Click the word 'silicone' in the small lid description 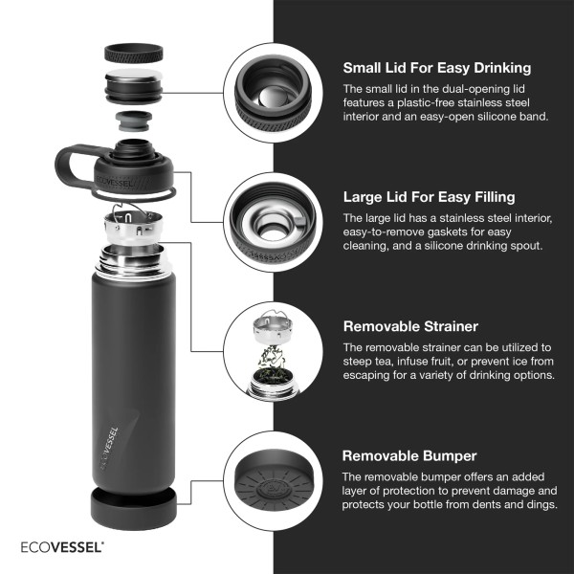pyautogui.click(x=497, y=117)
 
